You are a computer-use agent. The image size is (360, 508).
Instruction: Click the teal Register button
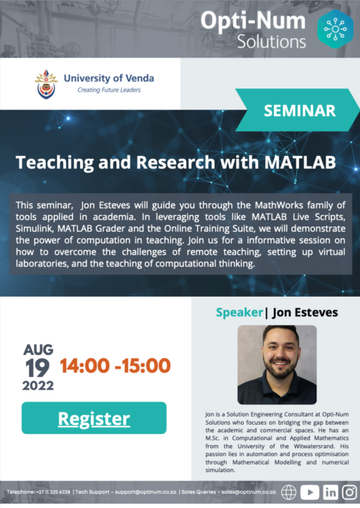pos(94,418)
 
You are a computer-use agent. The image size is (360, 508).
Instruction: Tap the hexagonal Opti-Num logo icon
pos(335,29)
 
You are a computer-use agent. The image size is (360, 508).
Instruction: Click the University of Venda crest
pos(46,84)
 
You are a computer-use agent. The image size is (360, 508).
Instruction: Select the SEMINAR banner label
pos(300,110)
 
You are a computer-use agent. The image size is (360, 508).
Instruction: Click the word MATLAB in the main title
pos(300,162)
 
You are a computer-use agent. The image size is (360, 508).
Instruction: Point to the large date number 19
pos(37,369)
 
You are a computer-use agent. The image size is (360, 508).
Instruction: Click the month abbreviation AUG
pos(38,350)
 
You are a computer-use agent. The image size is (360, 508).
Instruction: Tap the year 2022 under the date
pos(38,386)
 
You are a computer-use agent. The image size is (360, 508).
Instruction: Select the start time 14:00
pos(85,366)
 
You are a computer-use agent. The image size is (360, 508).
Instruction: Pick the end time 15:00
pos(146,366)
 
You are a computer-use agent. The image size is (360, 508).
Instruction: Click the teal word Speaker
pos(239,312)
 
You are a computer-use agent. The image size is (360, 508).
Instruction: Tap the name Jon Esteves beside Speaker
pos(305,312)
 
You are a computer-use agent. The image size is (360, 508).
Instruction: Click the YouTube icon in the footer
pos(310,492)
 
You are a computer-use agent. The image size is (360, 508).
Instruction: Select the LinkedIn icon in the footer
pos(331,492)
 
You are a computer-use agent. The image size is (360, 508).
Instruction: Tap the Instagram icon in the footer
pos(349,492)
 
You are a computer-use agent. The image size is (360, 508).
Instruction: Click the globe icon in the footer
pos(289,492)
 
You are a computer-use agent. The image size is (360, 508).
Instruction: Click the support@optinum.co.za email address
pos(145,492)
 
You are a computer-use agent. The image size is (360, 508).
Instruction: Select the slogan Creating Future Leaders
pos(109,90)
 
